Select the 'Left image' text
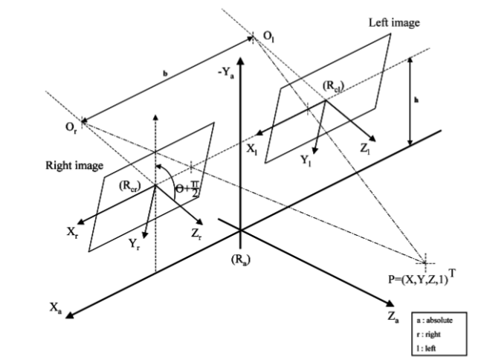[x=394, y=23]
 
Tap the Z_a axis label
[x=400, y=317]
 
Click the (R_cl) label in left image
[x=314, y=86]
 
